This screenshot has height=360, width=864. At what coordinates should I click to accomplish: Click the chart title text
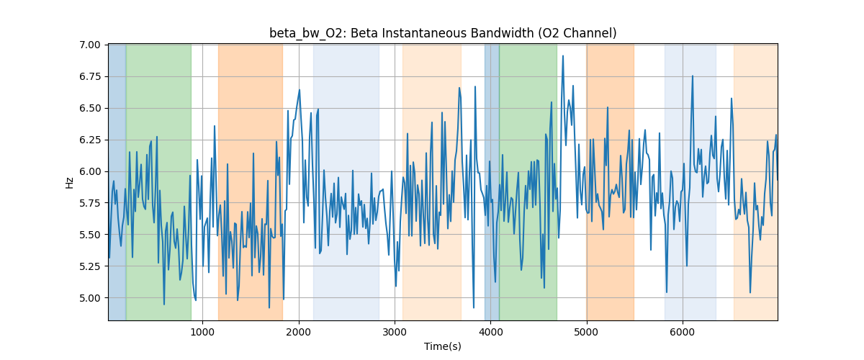[x=443, y=33]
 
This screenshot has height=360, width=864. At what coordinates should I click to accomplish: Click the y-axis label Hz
[x=70, y=182]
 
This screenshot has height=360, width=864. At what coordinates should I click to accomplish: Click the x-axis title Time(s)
[x=443, y=346]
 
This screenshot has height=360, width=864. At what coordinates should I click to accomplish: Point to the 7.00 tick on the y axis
[x=93, y=45]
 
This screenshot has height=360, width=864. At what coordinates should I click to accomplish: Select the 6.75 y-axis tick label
[x=93, y=76]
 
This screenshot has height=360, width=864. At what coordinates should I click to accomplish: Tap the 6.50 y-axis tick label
[x=93, y=108]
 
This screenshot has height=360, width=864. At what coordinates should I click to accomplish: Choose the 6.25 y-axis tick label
[x=93, y=140]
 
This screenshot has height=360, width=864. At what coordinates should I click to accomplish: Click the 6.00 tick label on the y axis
[x=93, y=171]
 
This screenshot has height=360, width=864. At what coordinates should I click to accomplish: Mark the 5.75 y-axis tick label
[x=93, y=203]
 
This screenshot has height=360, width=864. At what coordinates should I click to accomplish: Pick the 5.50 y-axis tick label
[x=93, y=235]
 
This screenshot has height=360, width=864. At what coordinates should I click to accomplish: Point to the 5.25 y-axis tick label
[x=93, y=266]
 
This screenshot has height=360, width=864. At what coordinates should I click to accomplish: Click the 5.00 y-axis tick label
[x=93, y=298]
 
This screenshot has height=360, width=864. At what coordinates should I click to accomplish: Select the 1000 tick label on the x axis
[x=202, y=332]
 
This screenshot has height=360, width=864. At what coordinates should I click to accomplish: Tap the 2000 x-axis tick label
[x=299, y=332]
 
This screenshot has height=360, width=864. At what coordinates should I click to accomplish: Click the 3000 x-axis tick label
[x=395, y=332]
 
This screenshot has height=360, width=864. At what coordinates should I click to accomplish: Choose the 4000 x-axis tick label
[x=490, y=332]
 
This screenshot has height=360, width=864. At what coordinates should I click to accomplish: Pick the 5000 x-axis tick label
[x=587, y=332]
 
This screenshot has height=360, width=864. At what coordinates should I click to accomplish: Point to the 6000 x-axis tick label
[x=683, y=332]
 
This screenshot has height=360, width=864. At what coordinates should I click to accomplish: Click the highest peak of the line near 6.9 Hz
[x=563, y=56]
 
